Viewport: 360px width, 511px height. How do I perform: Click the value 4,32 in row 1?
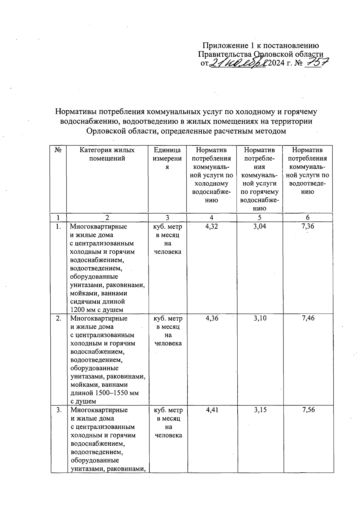(x=212, y=226)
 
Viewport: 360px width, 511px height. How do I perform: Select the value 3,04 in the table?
(x=259, y=226)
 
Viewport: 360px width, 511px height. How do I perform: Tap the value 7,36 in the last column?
(x=308, y=226)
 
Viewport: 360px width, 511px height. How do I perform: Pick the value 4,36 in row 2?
(x=212, y=318)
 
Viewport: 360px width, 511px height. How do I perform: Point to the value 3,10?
(x=260, y=318)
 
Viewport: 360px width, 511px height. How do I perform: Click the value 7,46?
(x=308, y=318)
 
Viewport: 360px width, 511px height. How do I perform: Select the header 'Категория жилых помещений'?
(x=107, y=154)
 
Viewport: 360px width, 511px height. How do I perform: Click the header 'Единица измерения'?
(x=167, y=158)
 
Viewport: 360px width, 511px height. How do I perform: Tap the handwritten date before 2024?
(x=238, y=63)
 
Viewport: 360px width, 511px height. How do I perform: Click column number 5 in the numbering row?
(x=259, y=217)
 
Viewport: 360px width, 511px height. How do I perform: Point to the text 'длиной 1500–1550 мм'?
(x=104, y=393)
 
